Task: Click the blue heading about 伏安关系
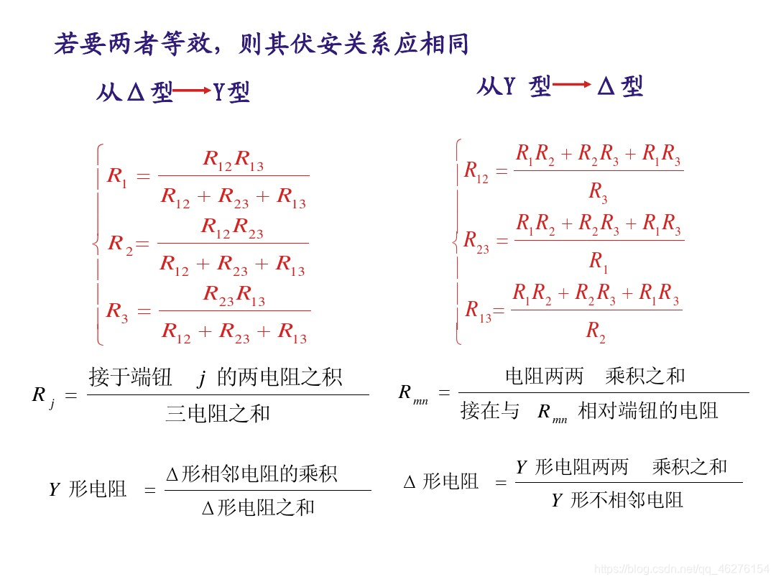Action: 262,45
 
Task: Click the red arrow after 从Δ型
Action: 193,91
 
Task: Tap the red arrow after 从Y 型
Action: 572,85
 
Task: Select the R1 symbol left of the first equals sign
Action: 116,177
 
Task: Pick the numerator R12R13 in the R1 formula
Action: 233,160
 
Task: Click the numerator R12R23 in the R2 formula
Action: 232,228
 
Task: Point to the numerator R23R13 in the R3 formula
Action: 234,295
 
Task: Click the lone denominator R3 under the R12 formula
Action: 598,191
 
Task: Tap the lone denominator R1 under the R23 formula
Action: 598,262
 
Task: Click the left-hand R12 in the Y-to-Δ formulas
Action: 476,171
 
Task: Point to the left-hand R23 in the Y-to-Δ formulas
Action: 476,241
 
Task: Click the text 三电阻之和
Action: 218,413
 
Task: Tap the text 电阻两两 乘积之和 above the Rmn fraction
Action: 595,375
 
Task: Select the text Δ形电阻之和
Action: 258,508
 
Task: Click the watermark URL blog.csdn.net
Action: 683,568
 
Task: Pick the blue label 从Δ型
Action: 134,92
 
